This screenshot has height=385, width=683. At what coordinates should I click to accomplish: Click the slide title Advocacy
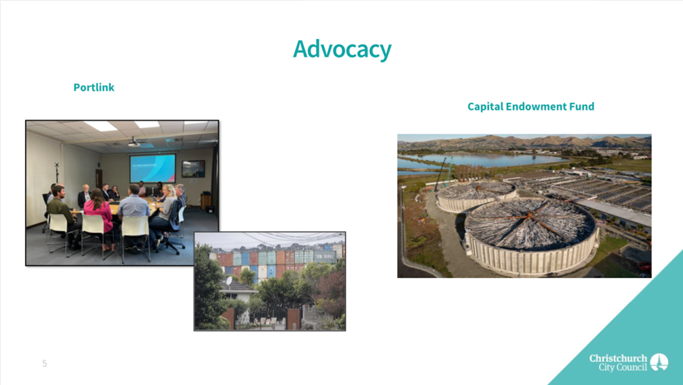point(342,49)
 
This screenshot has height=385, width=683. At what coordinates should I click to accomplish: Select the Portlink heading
point(94,87)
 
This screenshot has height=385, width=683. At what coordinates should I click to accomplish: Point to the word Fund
point(580,106)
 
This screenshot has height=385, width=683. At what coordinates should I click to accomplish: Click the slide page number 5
point(44,363)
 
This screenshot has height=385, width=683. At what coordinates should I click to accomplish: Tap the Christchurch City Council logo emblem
point(659,362)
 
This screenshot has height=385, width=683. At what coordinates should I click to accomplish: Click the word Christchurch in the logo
point(618,358)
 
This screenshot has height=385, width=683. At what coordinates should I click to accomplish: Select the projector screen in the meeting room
point(153,168)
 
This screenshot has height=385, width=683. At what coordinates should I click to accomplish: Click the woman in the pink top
point(99,217)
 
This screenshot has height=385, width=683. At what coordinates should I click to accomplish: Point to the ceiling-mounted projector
point(134,143)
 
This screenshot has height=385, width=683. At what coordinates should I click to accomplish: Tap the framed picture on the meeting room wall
point(193,169)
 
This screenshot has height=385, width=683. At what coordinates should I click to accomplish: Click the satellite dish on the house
point(229,280)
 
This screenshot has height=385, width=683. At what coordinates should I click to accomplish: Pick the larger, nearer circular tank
point(530,236)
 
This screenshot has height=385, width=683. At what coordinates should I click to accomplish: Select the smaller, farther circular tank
point(477,196)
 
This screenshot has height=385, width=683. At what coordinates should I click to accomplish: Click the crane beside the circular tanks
point(441,174)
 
